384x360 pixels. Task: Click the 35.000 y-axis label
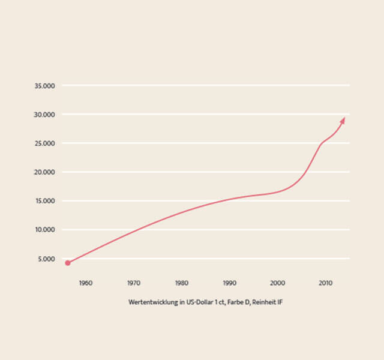coord(45,86)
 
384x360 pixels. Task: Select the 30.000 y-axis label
coord(45,115)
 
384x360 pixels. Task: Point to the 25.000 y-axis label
coord(45,143)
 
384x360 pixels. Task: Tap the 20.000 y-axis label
coord(45,172)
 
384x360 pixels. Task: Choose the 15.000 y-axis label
coord(45,201)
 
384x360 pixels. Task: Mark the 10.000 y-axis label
coord(45,230)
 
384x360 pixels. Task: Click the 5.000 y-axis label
coord(47,259)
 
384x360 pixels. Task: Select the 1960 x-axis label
coord(85,283)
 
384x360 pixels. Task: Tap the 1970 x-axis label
coord(134,283)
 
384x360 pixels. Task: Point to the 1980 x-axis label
coord(182,283)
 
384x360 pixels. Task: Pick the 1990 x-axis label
coord(229,283)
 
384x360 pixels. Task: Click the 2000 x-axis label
coord(277,283)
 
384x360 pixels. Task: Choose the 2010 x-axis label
coord(325,283)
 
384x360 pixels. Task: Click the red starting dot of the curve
coord(68,263)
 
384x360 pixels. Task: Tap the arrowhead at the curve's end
coord(343,120)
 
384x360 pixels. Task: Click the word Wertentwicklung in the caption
coord(147,302)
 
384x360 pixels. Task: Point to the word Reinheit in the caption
coord(262,302)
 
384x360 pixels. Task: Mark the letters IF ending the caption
coord(279,302)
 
